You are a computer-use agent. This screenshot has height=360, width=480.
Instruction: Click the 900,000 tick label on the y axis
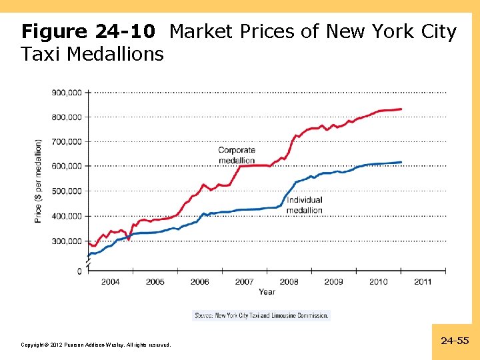(x=67, y=93)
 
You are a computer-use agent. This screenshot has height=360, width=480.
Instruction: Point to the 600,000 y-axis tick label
(x=67, y=166)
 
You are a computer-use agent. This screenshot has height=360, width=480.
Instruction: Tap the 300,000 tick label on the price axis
(x=67, y=241)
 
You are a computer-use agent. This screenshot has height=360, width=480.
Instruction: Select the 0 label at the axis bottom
(x=79, y=271)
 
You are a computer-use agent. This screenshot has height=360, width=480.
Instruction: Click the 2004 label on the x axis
(x=111, y=282)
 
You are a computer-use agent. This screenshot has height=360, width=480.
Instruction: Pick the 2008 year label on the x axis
(x=289, y=282)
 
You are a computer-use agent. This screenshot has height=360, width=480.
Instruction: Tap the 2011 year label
(x=423, y=282)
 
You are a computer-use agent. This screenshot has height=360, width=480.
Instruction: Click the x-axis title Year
(x=267, y=292)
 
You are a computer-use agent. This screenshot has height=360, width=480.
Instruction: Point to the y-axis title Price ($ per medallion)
(x=39, y=181)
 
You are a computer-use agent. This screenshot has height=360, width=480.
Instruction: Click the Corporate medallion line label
(x=237, y=155)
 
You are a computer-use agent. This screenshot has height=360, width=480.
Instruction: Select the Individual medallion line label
(x=304, y=205)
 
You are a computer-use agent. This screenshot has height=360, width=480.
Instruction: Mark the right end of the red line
(x=401, y=109)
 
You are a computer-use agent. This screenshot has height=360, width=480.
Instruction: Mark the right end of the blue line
(x=401, y=162)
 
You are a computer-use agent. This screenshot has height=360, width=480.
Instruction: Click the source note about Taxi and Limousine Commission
(x=261, y=315)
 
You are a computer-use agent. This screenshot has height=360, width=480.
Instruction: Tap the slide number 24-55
(x=455, y=341)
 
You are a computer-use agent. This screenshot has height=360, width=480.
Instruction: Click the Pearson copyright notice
(x=96, y=345)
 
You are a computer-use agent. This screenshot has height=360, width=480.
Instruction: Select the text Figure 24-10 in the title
(x=89, y=31)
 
